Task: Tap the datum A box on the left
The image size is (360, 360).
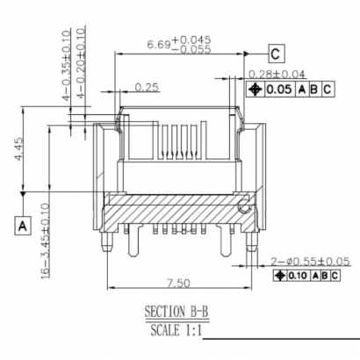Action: click(20, 226)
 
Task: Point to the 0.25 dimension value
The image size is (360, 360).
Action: click(148, 86)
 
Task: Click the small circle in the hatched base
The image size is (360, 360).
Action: click(243, 209)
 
